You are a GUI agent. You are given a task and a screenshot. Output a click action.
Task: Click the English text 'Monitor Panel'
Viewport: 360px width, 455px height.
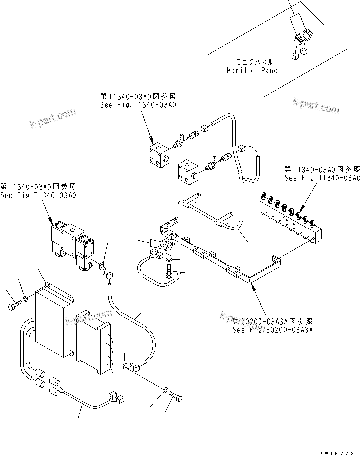point(253,70)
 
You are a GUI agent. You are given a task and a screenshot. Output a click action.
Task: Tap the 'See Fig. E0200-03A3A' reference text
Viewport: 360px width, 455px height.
point(272,329)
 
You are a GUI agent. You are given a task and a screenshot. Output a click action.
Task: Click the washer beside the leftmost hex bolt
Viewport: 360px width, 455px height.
point(25,299)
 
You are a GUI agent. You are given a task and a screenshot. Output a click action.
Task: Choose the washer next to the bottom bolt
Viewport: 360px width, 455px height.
point(164,388)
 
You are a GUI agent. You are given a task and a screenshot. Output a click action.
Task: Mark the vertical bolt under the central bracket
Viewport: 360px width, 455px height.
point(168,272)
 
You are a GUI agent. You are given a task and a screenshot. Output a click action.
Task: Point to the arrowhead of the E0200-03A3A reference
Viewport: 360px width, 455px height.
point(253,286)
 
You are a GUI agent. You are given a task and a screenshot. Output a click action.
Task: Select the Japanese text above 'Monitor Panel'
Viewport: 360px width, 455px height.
point(254,62)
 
